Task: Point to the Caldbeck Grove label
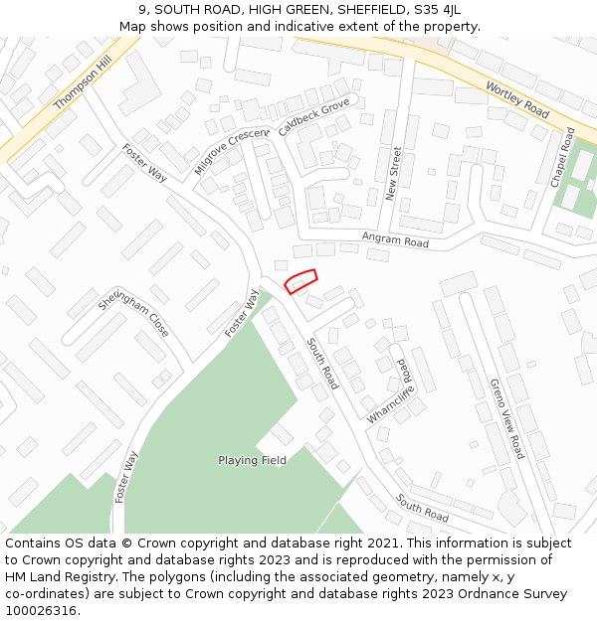pyautogui.click(x=313, y=117)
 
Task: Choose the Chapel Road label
pyautogui.click(x=563, y=158)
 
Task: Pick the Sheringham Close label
pyautogui.click(x=133, y=314)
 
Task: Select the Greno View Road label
pyautogui.click(x=506, y=417)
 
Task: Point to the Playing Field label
pyautogui.click(x=252, y=460)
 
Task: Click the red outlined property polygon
pyautogui.click(x=300, y=281)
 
